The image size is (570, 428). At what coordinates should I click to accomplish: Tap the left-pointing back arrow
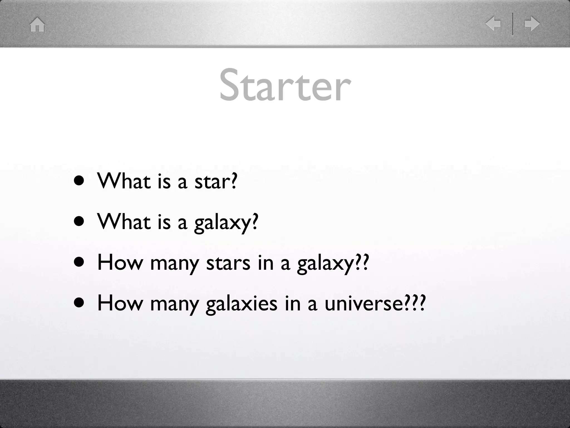pos(493,24)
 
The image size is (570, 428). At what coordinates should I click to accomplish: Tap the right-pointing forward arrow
pos(532,24)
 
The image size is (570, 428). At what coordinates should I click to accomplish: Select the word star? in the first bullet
pos(216,181)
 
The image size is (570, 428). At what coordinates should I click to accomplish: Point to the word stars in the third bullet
pos(228,263)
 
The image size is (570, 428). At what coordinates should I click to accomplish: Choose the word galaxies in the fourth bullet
pos(241,304)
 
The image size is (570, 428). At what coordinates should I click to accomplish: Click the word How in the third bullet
pos(119,263)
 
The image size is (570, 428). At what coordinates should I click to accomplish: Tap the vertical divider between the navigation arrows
pos(512,24)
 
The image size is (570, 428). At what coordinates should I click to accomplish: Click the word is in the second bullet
pos(164,222)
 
